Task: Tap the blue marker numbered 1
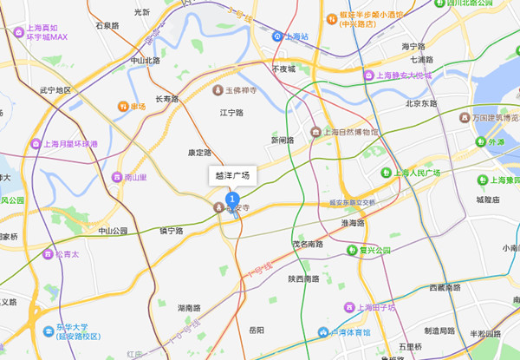tap(232, 200)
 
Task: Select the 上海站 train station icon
tap(277, 36)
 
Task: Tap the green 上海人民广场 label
tap(417, 173)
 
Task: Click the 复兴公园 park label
tap(374, 251)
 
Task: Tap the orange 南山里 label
tap(137, 178)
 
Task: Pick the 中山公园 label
tap(113, 231)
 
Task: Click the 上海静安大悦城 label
tap(408, 75)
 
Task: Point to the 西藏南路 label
tap(448, 287)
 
